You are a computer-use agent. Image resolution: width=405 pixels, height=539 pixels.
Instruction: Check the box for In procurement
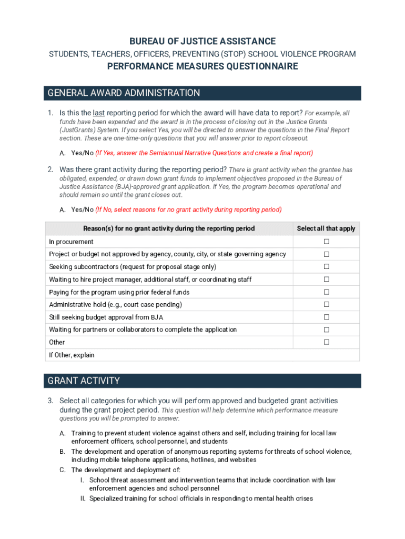(326, 242)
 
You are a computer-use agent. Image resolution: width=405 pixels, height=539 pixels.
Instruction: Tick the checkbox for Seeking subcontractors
(326, 267)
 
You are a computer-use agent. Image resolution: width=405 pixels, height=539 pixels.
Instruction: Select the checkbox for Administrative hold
(326, 304)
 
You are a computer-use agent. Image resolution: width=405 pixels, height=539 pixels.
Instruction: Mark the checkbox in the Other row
(326, 342)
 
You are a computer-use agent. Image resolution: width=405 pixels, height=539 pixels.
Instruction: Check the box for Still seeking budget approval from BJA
(326, 317)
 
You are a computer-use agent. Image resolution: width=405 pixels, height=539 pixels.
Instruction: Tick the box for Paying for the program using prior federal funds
(326, 292)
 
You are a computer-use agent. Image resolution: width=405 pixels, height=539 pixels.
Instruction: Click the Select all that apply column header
(326, 228)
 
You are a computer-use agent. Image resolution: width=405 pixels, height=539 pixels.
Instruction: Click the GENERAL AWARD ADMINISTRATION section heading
(124, 93)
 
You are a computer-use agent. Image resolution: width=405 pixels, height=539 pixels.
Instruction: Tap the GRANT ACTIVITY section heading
(84, 381)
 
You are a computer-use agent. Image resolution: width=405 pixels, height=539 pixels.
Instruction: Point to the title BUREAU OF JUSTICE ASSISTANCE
(202, 41)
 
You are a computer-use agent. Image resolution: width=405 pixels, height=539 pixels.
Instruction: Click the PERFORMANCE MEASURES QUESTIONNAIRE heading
(202, 66)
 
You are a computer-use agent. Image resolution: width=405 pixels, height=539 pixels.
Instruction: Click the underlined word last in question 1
(98, 113)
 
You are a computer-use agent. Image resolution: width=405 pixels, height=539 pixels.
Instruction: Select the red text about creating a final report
(204, 153)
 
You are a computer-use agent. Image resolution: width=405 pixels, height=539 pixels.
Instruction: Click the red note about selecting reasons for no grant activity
(188, 209)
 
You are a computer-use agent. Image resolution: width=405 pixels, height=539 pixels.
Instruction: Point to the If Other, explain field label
(72, 355)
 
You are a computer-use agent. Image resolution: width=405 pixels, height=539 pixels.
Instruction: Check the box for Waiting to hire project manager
(326, 280)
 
